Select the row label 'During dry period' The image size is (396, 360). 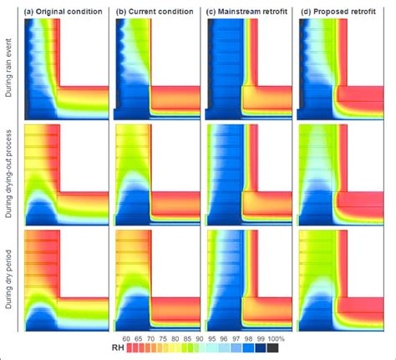[x=9, y=278]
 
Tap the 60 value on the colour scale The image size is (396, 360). [x=127, y=338]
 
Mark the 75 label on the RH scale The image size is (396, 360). [x=161, y=338]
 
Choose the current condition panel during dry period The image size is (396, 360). [x=156, y=278]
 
